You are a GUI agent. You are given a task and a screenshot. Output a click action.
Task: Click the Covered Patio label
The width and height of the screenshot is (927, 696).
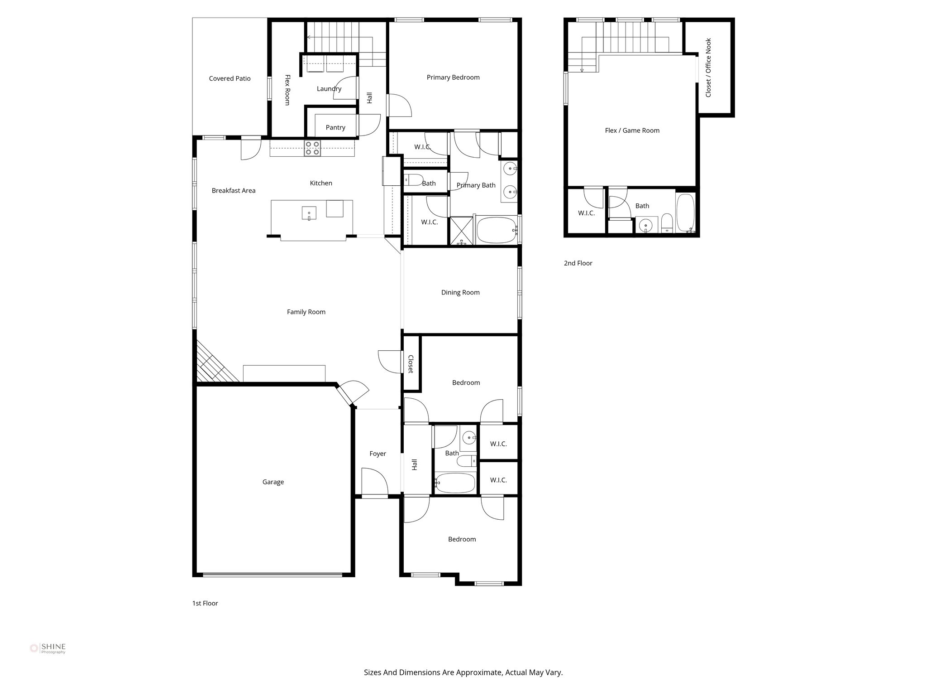tap(229, 78)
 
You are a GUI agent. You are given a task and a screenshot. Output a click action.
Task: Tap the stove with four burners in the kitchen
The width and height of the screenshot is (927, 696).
tap(312, 148)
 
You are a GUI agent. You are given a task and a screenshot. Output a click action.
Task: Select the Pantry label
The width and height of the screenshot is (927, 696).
tap(335, 127)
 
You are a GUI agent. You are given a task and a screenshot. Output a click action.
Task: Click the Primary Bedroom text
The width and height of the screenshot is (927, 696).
tap(453, 77)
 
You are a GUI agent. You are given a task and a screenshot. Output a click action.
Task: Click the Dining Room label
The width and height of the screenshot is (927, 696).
tap(460, 292)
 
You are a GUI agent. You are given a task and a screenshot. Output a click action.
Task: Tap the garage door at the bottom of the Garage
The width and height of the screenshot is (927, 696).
tap(272, 575)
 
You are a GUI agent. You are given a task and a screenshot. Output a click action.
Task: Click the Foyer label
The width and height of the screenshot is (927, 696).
tap(377, 454)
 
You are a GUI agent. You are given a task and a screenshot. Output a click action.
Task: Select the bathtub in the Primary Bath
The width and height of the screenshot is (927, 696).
tap(497, 230)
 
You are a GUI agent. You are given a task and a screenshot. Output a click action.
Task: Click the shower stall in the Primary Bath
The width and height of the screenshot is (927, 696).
tap(461, 231)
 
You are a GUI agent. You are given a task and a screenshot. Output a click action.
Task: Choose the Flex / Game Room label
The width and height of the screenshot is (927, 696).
tap(632, 130)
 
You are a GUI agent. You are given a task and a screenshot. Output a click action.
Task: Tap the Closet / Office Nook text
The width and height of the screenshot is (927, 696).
tap(708, 68)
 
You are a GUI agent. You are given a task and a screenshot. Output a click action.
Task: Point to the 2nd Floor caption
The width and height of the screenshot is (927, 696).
tap(578, 263)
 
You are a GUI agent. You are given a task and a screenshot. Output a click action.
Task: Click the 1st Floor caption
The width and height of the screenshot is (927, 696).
tap(205, 603)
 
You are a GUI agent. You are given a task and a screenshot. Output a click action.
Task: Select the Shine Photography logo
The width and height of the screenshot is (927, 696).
tap(48, 648)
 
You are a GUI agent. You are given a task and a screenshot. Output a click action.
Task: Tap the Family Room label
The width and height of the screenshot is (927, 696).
tap(306, 312)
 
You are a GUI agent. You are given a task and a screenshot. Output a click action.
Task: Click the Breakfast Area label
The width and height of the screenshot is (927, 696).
tap(234, 191)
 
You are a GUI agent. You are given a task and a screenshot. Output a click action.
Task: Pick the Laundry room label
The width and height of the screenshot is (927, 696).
tap(329, 89)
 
